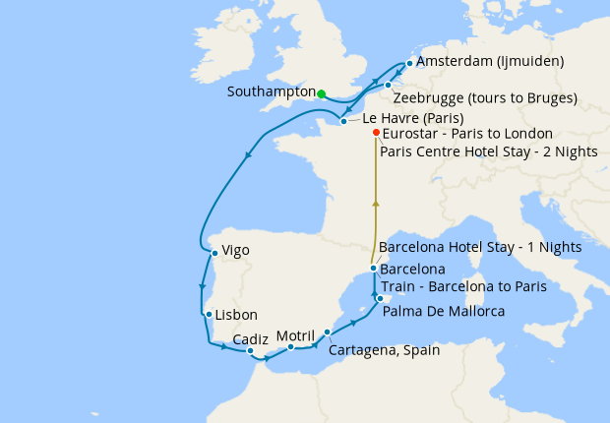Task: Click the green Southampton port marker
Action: pos(322,94)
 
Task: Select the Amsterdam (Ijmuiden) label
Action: pos(490,61)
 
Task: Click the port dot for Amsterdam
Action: pos(409,62)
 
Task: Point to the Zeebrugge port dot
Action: pos(388,85)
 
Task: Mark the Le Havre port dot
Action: pos(342,122)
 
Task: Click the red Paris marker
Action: pos(375,133)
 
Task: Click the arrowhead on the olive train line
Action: pos(374,203)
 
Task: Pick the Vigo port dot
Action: pos(213,252)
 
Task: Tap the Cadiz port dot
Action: pos(251,351)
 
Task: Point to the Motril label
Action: pos(295,335)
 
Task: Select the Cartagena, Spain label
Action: pos(384,349)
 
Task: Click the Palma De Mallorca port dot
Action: pos(379,296)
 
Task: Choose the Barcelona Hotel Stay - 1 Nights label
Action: pos(480,247)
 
